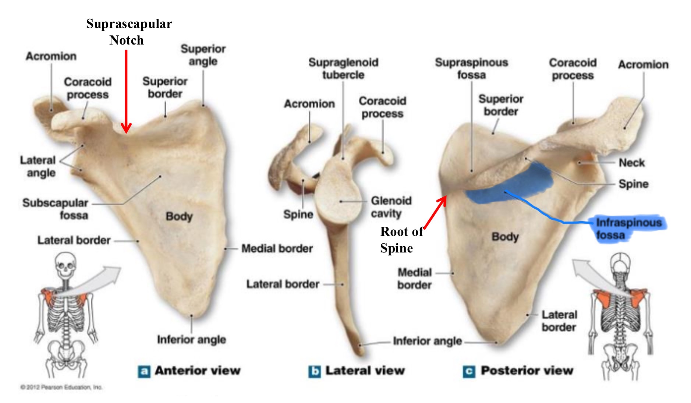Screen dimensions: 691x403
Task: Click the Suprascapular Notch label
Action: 129,32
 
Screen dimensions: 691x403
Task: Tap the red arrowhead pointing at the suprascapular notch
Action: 126,128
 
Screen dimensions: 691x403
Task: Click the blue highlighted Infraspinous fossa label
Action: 628,228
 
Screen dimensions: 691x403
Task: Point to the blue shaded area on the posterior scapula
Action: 511,186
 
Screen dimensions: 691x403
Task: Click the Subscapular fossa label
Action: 56,209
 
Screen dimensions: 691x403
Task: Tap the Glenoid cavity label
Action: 391,207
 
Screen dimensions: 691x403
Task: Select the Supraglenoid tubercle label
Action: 343,68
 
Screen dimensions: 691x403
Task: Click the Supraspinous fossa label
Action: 471,68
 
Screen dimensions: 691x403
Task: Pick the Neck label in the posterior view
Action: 631,163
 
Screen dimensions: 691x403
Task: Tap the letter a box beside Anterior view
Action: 144,371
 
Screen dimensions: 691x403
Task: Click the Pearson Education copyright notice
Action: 61,387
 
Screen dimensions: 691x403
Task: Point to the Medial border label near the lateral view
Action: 277,249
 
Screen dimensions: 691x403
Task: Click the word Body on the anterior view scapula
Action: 179,216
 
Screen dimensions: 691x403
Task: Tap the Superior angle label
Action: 203,55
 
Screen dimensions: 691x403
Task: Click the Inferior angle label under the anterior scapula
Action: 191,339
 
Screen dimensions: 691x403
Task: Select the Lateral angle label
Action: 38,166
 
